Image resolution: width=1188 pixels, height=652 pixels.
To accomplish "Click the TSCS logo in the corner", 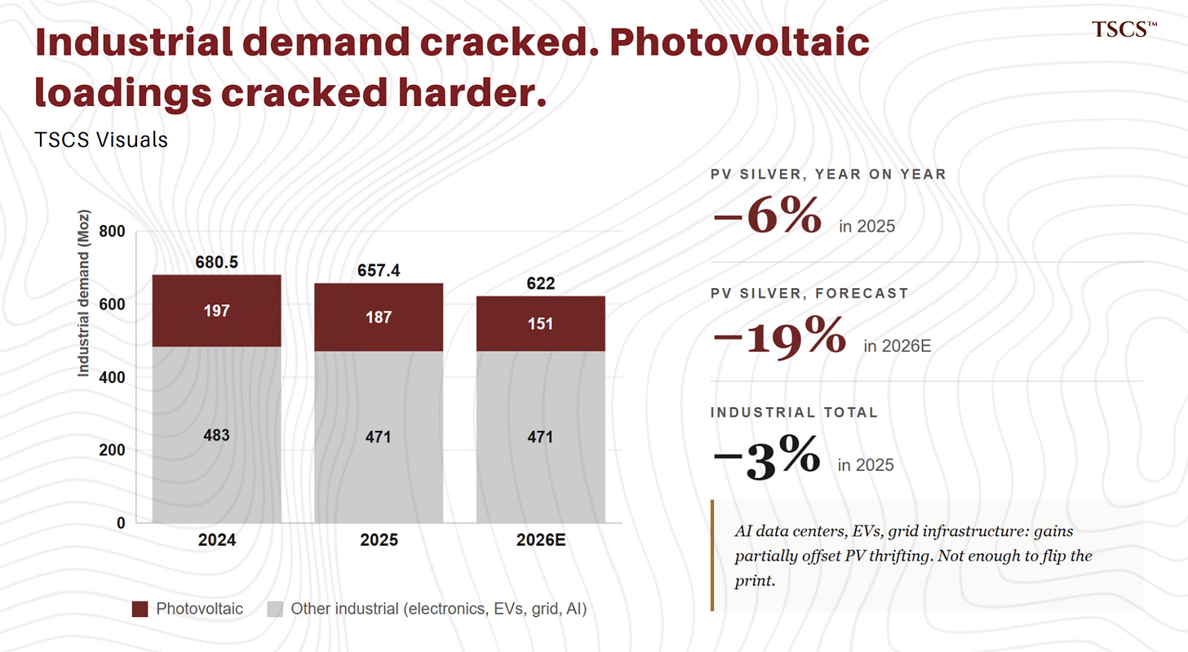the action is pos(1124,29).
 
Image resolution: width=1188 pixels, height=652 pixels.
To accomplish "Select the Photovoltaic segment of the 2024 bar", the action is pos(216,311).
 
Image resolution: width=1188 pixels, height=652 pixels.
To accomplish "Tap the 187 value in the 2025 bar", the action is pos(379,317).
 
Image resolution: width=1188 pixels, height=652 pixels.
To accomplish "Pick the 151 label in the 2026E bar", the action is pos(540,324).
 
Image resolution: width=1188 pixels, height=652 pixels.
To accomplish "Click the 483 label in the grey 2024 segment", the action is pos(216,435).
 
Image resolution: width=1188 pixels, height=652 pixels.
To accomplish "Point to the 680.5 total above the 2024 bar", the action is pos(216,262).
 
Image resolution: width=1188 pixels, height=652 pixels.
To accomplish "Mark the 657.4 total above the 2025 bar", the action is pos(379,271).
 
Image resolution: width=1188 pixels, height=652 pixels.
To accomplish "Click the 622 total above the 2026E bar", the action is pos(540,283).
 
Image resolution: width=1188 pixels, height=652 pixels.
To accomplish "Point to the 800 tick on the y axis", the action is pos(112,231).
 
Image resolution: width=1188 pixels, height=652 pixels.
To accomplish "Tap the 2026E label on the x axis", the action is pos(541,540).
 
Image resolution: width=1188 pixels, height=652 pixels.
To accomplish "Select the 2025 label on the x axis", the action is pos(379,540).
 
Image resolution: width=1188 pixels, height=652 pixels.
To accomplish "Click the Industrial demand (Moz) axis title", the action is pos(84,294).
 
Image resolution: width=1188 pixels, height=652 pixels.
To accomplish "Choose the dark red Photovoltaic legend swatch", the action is pos(140,609).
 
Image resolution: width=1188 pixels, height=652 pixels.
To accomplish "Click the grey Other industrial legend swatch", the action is pos(275,609).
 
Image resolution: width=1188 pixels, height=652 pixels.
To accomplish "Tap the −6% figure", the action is pos(768,215).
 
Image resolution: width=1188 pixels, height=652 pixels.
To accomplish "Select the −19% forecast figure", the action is pos(780,335).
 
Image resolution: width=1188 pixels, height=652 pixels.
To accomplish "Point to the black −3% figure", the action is pos(767,455).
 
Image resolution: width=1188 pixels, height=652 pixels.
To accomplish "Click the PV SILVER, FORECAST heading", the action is pos(809,294).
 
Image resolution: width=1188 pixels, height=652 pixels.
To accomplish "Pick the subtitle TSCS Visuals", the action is pos(101,140).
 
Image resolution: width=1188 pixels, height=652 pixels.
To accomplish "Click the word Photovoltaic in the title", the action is pos(740,42).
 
